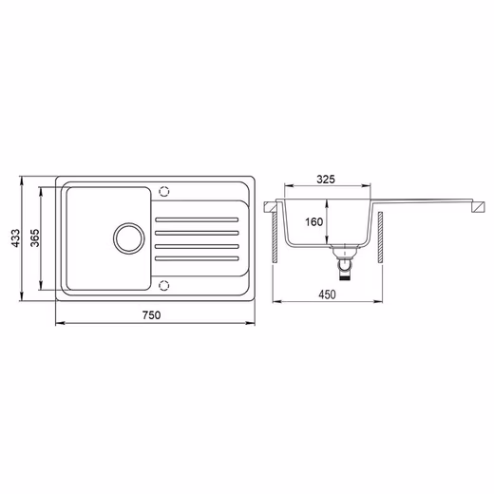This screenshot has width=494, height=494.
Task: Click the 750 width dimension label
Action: coord(151,315)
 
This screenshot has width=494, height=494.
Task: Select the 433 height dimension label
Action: coord(15,238)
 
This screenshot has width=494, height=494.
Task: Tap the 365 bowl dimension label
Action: coord(35,237)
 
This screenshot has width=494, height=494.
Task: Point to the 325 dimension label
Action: coord(326,180)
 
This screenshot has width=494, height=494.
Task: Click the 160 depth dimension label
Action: coord(313,221)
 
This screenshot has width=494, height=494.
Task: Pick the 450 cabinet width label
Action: coord(327,294)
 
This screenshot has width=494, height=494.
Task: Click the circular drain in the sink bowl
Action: coord(129,238)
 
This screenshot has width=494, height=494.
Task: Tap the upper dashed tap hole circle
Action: coord(163,191)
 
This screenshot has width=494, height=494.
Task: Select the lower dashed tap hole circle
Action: coord(163,286)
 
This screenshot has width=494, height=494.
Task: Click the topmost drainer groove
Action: coord(197,219)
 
